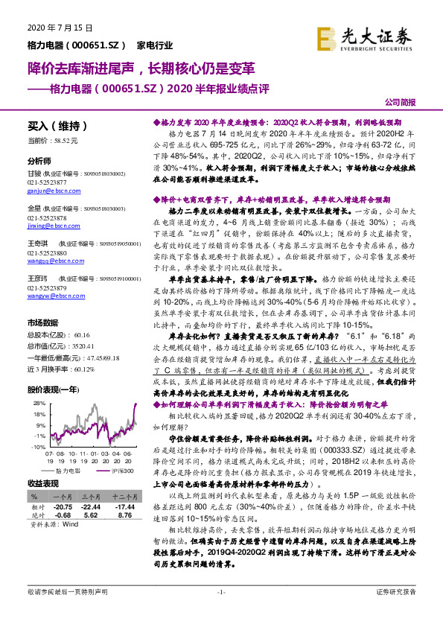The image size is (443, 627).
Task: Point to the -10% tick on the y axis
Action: point(34,446)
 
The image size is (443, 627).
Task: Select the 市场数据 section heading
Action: point(42,323)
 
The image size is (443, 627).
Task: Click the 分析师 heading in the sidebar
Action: point(39,161)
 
